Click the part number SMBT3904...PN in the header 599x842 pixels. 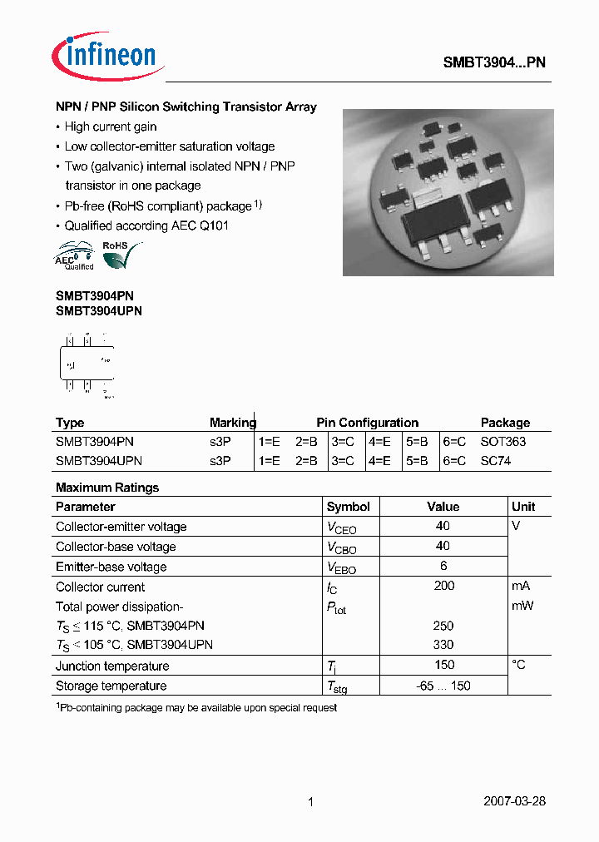coord(493,62)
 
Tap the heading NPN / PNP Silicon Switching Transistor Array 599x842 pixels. coord(186,107)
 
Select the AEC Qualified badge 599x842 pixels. coord(74,255)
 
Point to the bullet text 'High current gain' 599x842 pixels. coord(111,127)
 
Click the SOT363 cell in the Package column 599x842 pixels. coord(502,442)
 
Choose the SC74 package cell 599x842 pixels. coord(495,460)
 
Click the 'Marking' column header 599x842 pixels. coord(232,423)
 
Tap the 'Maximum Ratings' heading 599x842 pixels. coord(107,488)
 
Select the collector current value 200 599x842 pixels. coord(443,586)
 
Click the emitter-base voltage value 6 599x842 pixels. coord(443,566)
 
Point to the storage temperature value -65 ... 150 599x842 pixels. coord(443,686)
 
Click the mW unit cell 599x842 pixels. coord(522,606)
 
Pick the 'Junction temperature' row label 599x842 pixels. coord(112,666)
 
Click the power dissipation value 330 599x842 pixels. coord(443,645)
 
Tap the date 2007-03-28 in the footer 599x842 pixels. coord(514,801)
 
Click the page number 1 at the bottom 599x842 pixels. coord(310,802)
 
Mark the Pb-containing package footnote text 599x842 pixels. coord(196,707)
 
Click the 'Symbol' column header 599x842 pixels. coord(348,507)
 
